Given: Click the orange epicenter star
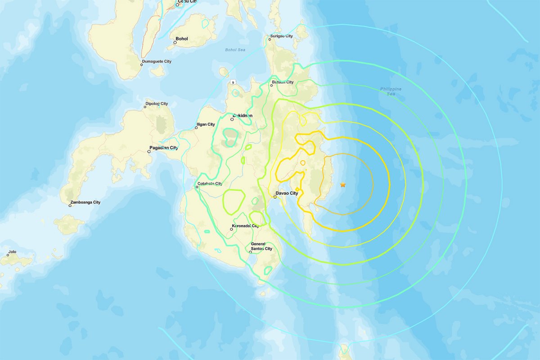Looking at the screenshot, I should pyautogui.click(x=343, y=184).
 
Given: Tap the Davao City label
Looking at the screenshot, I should pyautogui.click(x=287, y=193).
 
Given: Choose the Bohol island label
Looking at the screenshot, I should pyautogui.click(x=182, y=39).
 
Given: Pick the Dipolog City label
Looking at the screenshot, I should pyautogui.click(x=157, y=103).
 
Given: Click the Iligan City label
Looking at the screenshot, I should pyautogui.click(x=206, y=124).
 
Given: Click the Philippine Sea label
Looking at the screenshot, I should pyautogui.click(x=391, y=91).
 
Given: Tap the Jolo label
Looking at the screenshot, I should pyautogui.click(x=12, y=252).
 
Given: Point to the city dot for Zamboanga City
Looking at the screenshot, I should pyautogui.click(x=70, y=206).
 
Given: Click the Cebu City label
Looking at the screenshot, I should pyautogui.click(x=186, y=1).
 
